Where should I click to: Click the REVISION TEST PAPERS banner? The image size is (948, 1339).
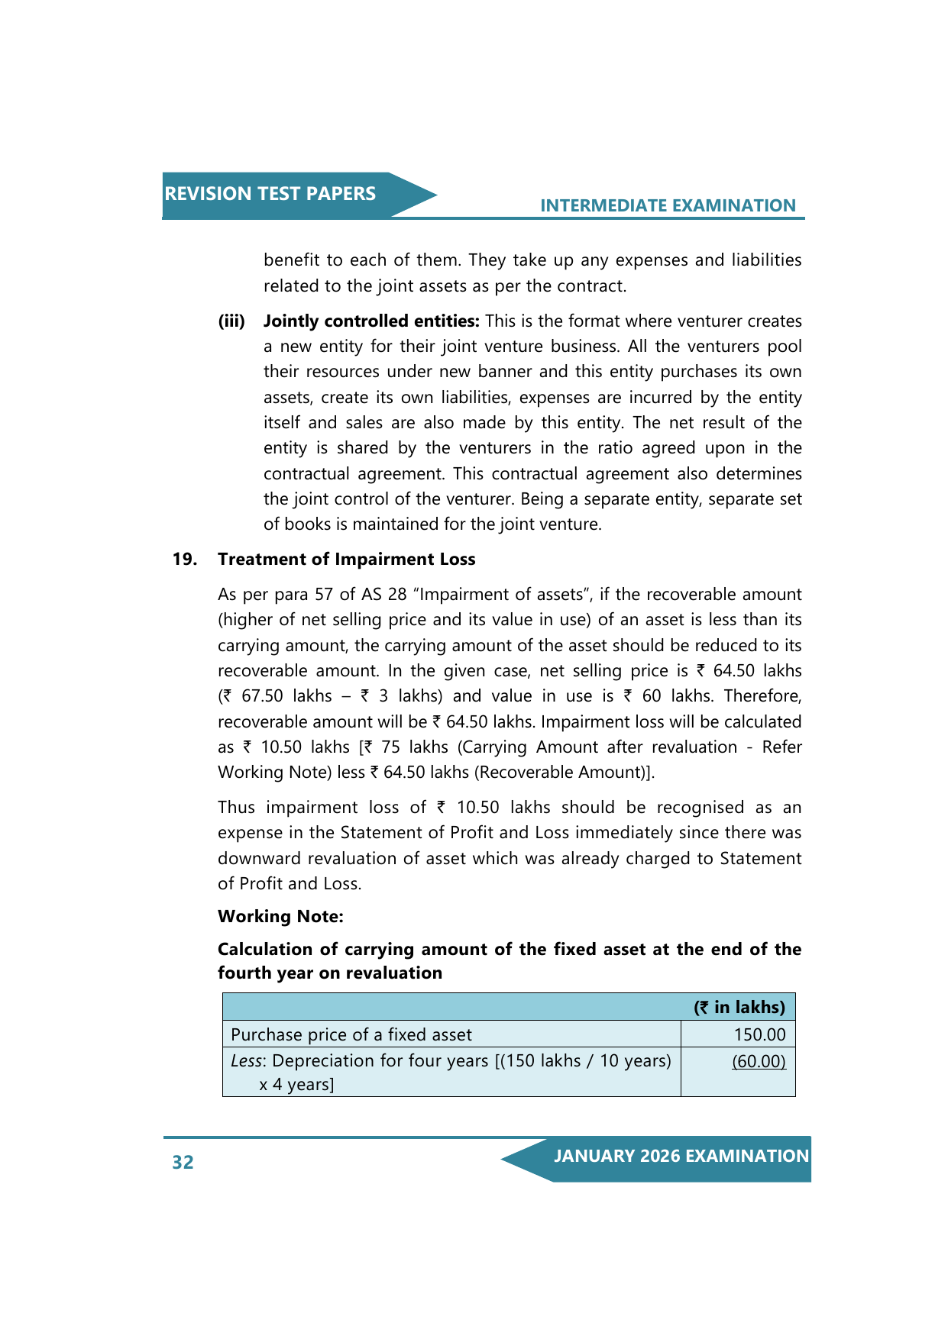[x=270, y=194]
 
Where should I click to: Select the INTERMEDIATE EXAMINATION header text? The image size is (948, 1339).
[x=668, y=205]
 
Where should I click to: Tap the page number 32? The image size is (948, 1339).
[x=183, y=1162]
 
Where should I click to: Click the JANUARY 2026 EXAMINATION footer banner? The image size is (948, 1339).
[x=681, y=1156]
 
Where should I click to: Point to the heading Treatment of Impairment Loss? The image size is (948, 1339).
[x=346, y=560]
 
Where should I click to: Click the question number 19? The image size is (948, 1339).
[x=184, y=560]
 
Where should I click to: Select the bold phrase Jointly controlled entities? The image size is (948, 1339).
[x=371, y=321]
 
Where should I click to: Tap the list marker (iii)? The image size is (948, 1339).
[x=231, y=321]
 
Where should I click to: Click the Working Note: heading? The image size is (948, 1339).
[x=280, y=916]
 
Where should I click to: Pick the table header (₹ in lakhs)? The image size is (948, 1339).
[x=739, y=1008]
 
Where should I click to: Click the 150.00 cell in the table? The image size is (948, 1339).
[x=759, y=1035]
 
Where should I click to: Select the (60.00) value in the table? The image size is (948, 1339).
[x=759, y=1061]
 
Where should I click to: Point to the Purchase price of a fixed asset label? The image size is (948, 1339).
[x=351, y=1035]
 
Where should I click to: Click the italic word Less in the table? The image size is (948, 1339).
[x=246, y=1061]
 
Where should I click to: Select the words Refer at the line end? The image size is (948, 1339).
[x=781, y=747]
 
